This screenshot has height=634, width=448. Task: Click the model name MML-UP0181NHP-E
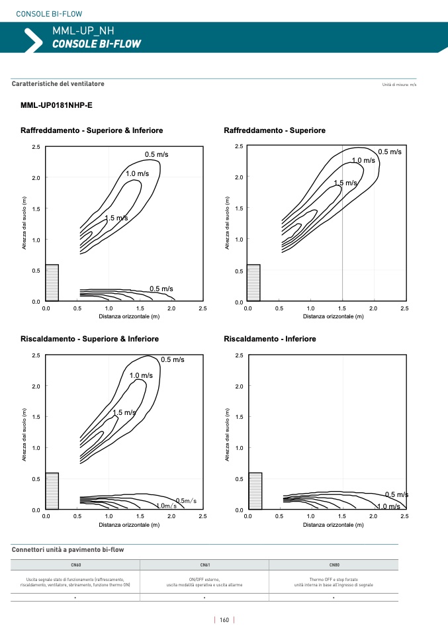57,105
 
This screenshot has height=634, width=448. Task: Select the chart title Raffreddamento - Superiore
275,130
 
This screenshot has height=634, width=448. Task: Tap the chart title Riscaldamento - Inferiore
270,339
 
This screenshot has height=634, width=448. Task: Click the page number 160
224,620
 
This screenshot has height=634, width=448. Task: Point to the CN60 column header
75,565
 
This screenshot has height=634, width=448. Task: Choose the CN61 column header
204,565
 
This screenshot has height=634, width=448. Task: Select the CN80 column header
334,565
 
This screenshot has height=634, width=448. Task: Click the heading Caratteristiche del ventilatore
58,84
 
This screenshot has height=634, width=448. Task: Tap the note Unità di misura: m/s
400,85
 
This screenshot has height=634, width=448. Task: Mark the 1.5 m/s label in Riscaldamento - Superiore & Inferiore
124,413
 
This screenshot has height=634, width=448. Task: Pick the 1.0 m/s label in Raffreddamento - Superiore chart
363,161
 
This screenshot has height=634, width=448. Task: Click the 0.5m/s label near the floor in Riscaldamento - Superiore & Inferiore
185,500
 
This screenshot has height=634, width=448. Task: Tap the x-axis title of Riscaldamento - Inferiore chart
334,525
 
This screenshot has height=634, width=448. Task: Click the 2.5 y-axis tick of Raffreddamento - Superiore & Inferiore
36,147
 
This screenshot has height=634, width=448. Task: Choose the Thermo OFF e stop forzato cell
334,582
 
